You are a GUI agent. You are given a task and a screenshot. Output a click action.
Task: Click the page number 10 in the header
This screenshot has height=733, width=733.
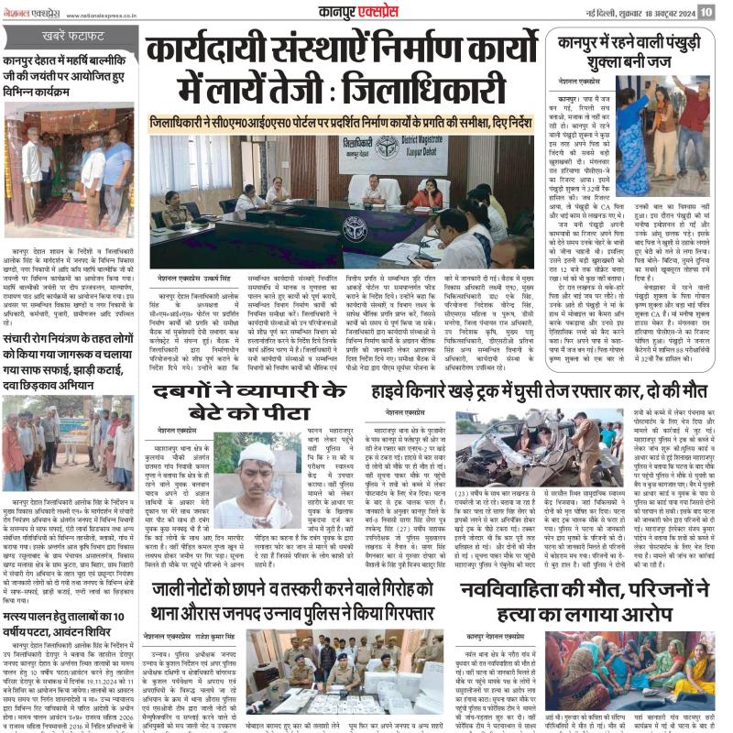pos(706,12)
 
